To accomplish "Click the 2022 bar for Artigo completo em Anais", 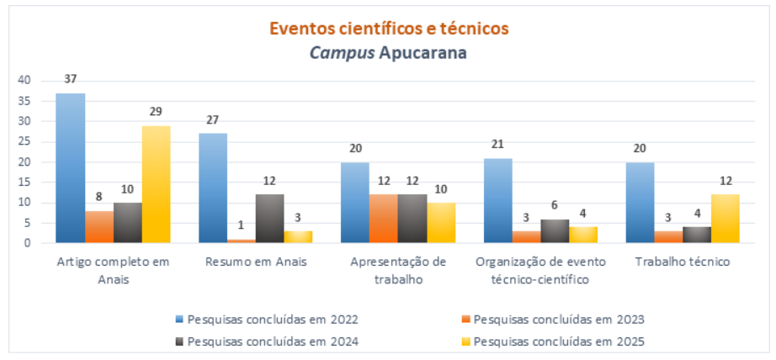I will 70,168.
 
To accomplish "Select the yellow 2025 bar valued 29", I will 156,184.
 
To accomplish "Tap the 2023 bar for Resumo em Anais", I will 242,241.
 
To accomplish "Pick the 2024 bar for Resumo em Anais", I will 270,219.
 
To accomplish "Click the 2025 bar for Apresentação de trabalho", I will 442,223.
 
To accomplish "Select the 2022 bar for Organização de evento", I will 498,200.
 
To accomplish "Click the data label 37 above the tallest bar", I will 70,79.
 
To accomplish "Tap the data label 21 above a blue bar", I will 498,145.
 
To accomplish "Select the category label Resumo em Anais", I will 256,262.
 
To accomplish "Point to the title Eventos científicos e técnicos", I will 389,28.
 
